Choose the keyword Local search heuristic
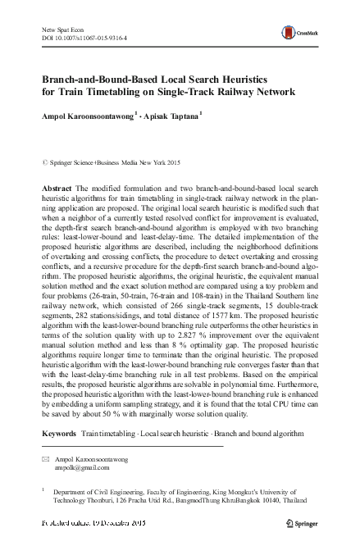[x=172, y=430]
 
